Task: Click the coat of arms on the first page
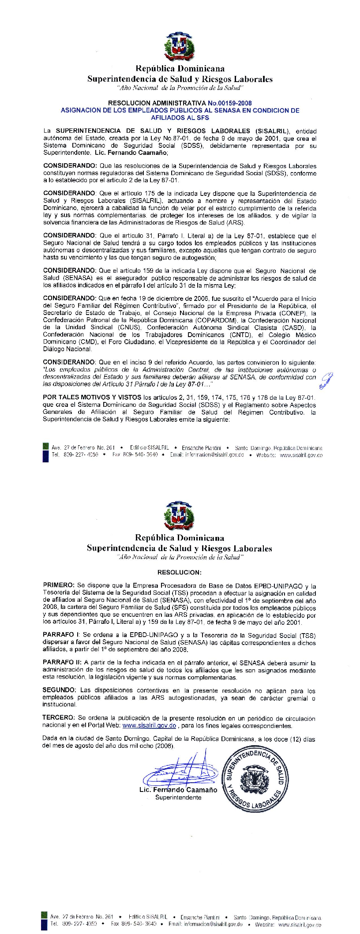click(180, 47)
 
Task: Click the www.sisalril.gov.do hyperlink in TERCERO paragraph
click(149, 726)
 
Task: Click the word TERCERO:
click(59, 719)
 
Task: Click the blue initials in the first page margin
click(326, 380)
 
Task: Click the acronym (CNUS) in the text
click(129, 327)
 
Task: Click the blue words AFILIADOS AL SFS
click(180, 118)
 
